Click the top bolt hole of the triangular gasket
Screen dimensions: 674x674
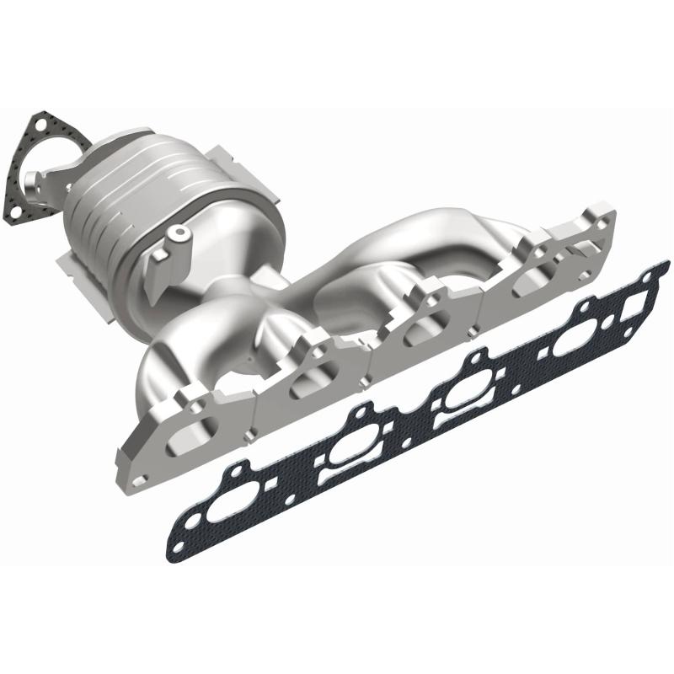[36, 126]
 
